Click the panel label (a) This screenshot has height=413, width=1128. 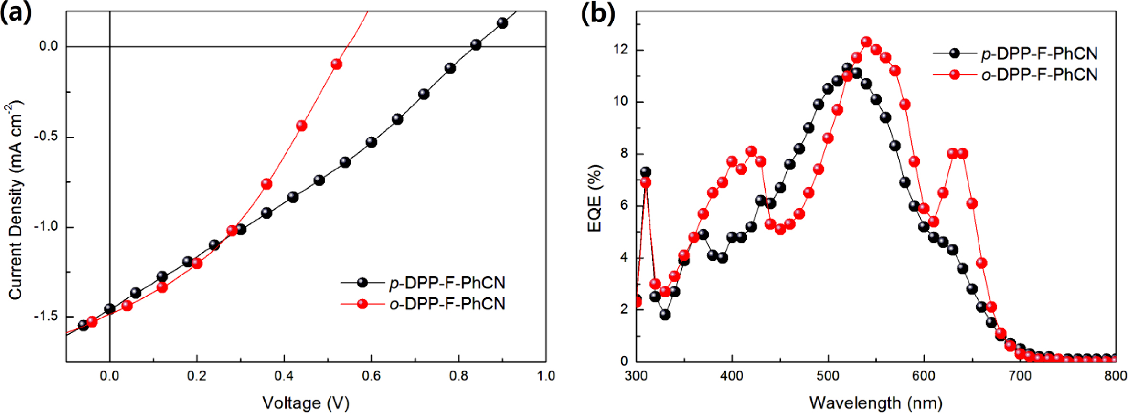(x=16, y=13)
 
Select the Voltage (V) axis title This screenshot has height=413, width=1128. (x=306, y=403)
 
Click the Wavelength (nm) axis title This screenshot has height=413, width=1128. (x=875, y=403)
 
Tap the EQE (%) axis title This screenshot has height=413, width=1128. (x=595, y=198)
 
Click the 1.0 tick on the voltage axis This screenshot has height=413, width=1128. (x=545, y=376)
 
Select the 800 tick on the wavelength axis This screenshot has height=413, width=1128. (x=1115, y=376)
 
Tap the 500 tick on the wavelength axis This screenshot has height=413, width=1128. (x=828, y=376)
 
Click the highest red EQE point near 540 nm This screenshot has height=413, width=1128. (x=866, y=42)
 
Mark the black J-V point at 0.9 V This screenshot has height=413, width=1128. (x=502, y=23)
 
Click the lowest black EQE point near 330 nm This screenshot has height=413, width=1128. (x=665, y=315)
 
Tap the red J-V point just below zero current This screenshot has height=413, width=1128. (x=336, y=64)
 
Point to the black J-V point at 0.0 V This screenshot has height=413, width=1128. (x=110, y=309)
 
